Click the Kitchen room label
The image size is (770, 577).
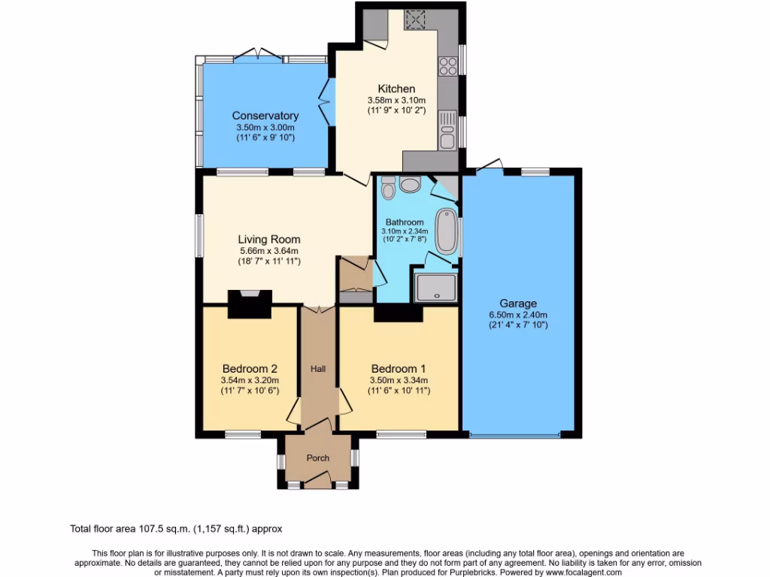pyautogui.click(x=396, y=89)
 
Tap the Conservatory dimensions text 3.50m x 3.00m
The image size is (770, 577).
pyautogui.click(x=265, y=127)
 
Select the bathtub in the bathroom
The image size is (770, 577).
pyautogui.click(x=447, y=229)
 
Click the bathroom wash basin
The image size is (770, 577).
pyautogui.click(x=411, y=184)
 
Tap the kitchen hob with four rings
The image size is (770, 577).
pyautogui.click(x=449, y=66)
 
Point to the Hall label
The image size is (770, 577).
pyautogui.click(x=319, y=369)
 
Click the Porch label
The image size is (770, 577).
pyautogui.click(x=318, y=458)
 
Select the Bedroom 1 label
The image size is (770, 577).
pyautogui.click(x=399, y=369)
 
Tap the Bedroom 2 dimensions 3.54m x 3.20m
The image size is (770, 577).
pyautogui.click(x=250, y=380)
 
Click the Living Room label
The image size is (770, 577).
pyautogui.click(x=268, y=240)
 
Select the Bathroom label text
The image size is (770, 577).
pyautogui.click(x=405, y=222)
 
